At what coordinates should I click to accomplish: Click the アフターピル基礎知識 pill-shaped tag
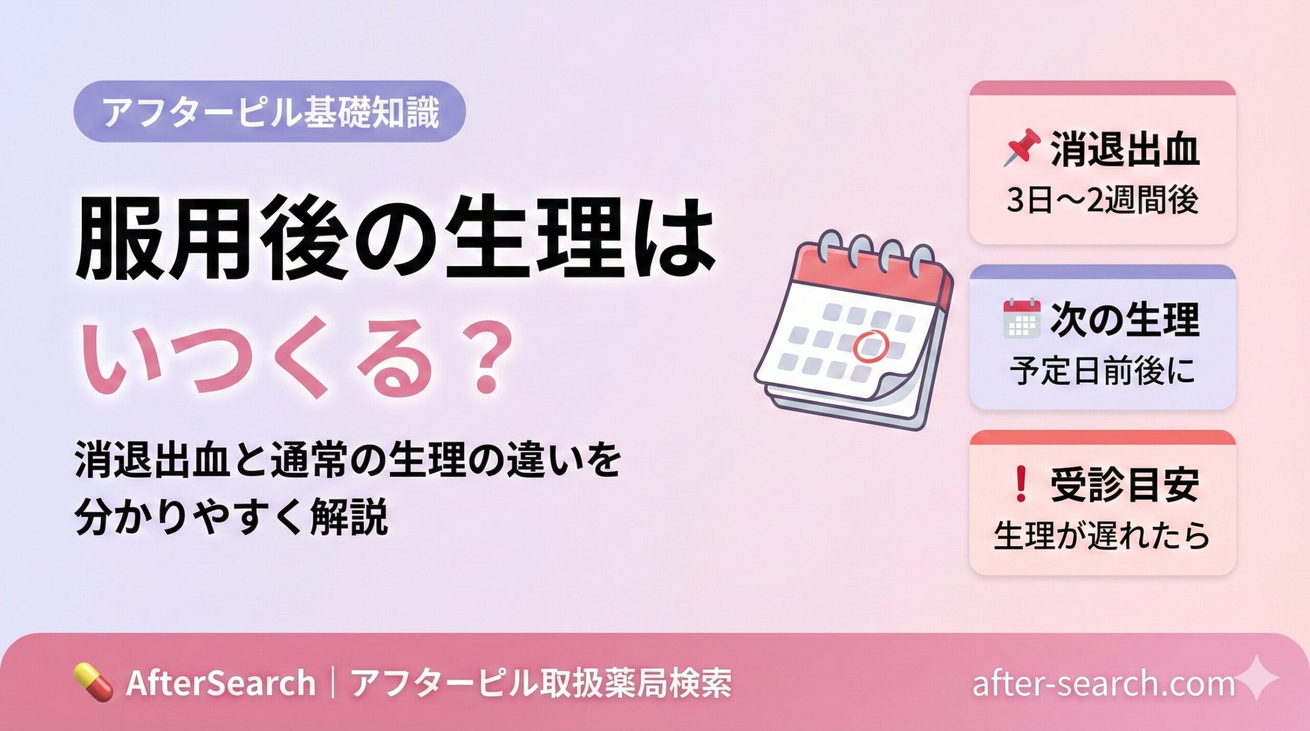point(270,111)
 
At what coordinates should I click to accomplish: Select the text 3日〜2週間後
point(1102,200)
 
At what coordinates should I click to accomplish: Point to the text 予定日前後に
point(1102,370)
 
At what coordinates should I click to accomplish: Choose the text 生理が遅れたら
point(1102,535)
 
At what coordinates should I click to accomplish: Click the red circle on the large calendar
point(869,346)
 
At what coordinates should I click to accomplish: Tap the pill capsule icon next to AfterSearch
point(93,682)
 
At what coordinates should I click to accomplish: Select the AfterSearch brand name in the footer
point(221,682)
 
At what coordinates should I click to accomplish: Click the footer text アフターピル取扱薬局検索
point(541,682)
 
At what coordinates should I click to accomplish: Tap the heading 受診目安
point(1125,485)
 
